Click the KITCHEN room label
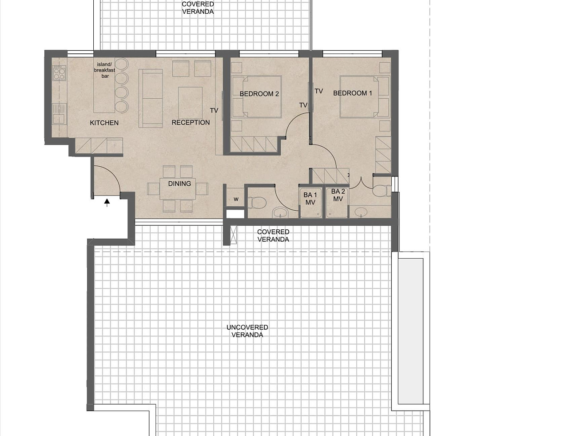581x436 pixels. coord(104,123)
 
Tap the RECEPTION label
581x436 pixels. coord(191,123)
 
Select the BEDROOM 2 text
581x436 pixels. coord(259,94)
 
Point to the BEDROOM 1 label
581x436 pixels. coord(353,93)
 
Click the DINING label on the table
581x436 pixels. coord(179,184)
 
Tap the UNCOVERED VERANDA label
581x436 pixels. coord(247,331)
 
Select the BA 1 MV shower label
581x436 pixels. coord(310,199)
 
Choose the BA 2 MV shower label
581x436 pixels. coord(338,196)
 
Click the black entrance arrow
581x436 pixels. coord(107,203)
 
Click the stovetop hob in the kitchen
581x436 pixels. coord(59,73)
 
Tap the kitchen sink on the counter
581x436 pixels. coord(59,114)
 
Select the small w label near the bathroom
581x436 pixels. coord(236,199)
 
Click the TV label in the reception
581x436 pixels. coord(214,110)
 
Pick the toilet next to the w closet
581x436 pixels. coord(257,203)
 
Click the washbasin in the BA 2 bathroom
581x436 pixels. coord(361,212)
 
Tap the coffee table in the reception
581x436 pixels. coord(190,103)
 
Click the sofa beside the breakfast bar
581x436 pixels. coord(151,98)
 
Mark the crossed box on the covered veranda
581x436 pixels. coord(234,235)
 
